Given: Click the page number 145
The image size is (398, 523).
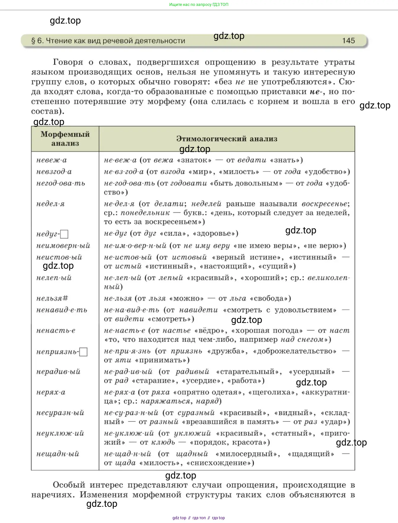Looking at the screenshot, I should [x=348, y=41].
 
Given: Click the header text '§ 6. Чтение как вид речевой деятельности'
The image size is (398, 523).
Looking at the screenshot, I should [x=108, y=41].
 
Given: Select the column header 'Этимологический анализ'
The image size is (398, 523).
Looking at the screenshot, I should [x=227, y=139].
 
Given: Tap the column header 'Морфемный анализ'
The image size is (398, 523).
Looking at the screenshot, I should [x=65, y=139].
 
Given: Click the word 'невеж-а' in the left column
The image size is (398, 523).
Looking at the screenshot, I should [x=52, y=160].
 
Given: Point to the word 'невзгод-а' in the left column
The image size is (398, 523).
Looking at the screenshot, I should [x=54, y=172].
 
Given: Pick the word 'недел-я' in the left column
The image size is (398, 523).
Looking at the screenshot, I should [x=50, y=204].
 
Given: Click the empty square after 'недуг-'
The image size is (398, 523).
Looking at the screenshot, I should [x=64, y=234].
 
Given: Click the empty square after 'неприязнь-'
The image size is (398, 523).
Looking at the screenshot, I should [x=83, y=352].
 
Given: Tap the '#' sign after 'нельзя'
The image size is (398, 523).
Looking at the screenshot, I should [x=65, y=298].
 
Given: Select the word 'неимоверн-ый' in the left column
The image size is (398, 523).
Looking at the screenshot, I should [x=63, y=246].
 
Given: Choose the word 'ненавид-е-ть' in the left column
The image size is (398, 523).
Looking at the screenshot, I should [x=62, y=310].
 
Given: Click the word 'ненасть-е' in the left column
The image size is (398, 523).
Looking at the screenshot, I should [x=56, y=331].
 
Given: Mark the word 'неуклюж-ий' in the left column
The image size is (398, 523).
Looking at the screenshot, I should [x=60, y=433].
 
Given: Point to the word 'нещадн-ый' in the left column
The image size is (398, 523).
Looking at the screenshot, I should [x=58, y=454].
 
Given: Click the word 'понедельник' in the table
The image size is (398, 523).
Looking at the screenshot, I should [x=145, y=213].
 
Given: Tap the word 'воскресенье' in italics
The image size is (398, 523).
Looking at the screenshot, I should [x=325, y=204].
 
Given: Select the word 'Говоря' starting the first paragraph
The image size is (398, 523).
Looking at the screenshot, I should [x=68, y=62].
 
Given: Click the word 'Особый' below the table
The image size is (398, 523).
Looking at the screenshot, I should [x=69, y=485].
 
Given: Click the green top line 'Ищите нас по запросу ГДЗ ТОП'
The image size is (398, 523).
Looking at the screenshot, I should [x=199, y=4].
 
